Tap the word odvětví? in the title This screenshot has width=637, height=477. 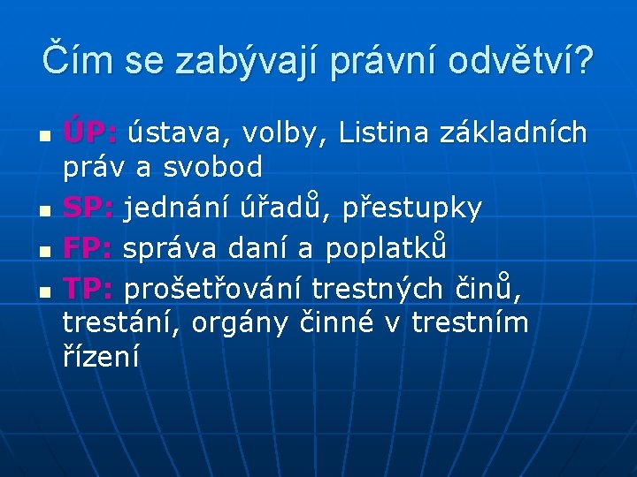click(x=521, y=61)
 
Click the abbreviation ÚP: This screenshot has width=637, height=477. click(x=90, y=133)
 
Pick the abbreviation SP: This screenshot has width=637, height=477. click(x=89, y=208)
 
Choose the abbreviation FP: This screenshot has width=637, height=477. click(x=89, y=249)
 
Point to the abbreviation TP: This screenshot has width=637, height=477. click(x=89, y=288)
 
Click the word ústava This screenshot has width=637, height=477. click(x=174, y=133)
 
